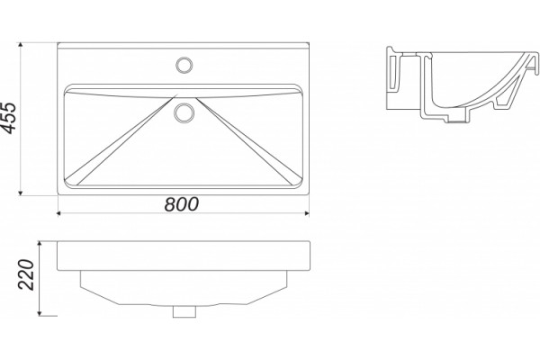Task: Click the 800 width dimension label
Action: [182, 204]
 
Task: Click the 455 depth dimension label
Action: [8, 118]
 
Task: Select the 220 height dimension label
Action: [27, 274]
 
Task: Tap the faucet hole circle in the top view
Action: [184, 65]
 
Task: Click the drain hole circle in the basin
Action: [184, 113]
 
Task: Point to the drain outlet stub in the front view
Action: [184, 311]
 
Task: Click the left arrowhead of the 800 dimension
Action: [58, 213]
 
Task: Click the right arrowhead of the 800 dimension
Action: [307, 213]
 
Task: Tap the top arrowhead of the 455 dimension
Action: [21, 45]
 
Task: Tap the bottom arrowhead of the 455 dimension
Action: [21, 193]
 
